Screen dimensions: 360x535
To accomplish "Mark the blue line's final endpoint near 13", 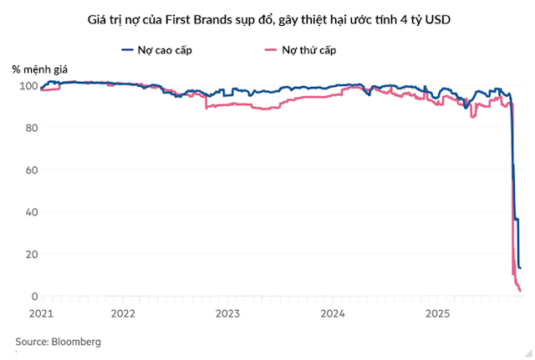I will click(x=520, y=268).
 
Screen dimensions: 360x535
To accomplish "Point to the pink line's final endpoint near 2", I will click(x=521, y=291).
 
